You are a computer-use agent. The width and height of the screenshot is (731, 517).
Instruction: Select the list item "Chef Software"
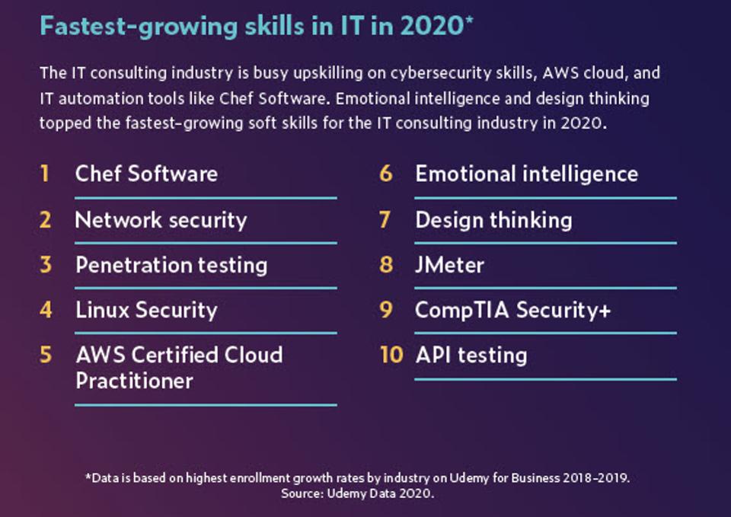(146, 174)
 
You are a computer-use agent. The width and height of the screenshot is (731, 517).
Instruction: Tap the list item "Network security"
(161, 220)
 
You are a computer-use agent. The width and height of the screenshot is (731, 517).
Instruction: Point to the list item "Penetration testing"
(171, 265)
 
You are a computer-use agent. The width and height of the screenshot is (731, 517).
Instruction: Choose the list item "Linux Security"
(146, 310)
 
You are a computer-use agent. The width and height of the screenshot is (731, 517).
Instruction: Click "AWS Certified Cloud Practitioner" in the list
(179, 367)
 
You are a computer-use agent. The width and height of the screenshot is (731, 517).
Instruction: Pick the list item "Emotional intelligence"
(526, 174)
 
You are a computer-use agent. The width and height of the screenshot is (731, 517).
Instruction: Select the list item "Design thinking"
(493, 220)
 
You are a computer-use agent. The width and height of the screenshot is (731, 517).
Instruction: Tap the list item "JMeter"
(449, 265)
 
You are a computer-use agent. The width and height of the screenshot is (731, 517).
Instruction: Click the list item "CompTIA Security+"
(512, 310)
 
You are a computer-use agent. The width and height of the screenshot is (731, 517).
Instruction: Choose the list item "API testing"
(471, 355)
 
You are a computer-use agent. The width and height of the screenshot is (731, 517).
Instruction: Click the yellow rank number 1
(45, 174)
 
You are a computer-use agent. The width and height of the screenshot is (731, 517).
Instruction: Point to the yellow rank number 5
(46, 355)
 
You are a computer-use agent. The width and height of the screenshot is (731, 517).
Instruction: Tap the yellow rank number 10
(391, 355)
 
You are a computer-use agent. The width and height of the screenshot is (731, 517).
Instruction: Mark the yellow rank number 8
(386, 265)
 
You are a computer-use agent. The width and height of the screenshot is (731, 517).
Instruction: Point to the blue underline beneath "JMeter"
(545, 288)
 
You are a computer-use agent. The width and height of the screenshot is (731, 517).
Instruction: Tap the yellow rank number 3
(46, 265)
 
